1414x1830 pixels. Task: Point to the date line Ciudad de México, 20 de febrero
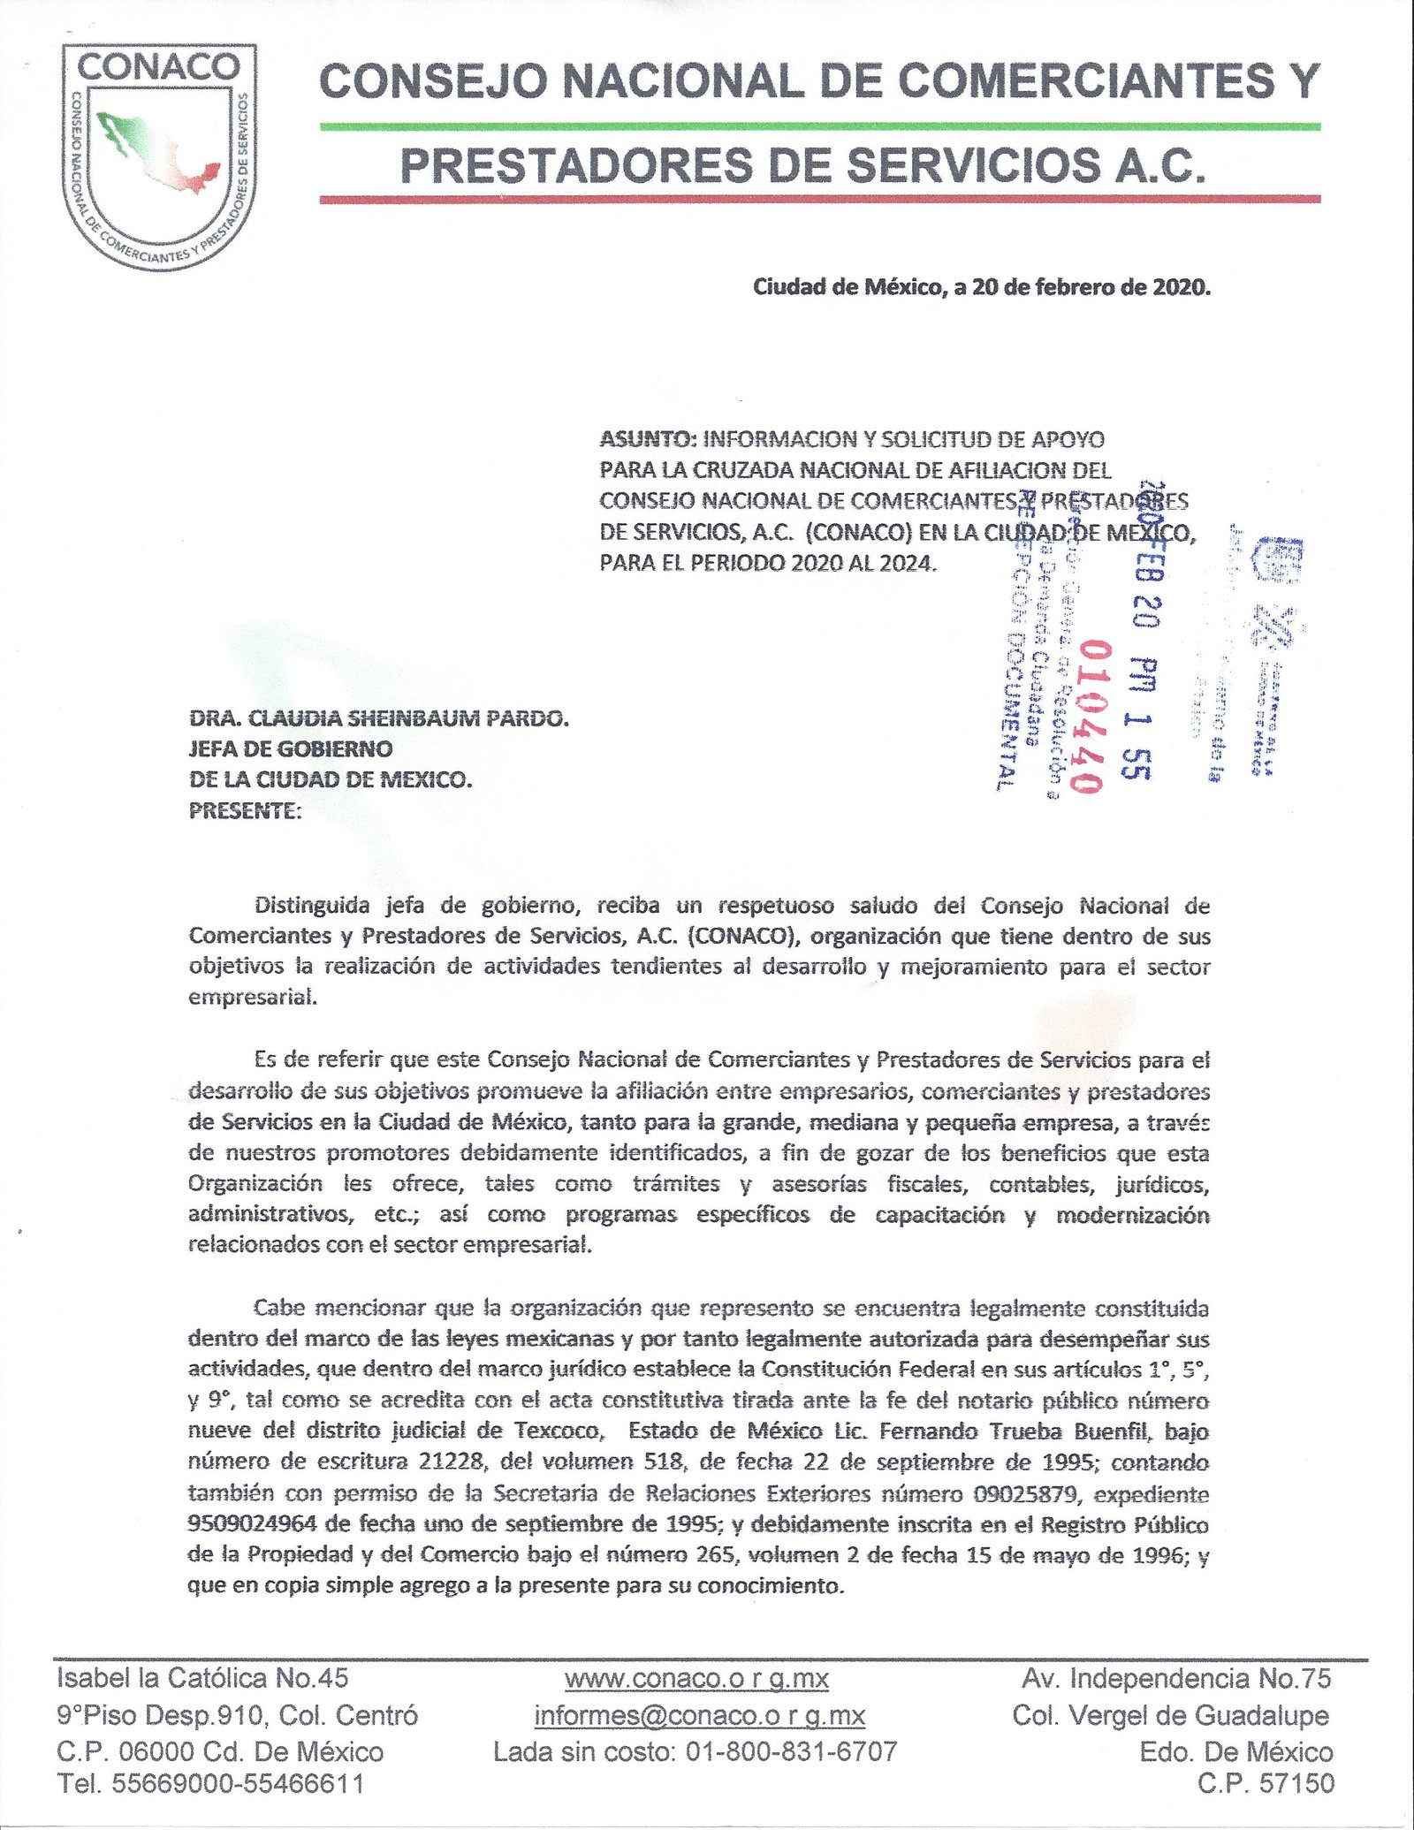coord(981,287)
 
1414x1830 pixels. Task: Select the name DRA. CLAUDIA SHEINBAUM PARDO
coord(379,718)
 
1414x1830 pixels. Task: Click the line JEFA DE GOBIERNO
coord(291,749)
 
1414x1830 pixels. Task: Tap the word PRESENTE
coord(244,810)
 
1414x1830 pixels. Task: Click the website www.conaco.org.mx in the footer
coord(696,1678)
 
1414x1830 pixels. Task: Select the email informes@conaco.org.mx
coord(699,1715)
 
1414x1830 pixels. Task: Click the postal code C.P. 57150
coord(1266,1783)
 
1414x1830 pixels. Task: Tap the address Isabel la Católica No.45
coord(202,1678)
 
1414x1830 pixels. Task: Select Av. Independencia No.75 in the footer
coord(1175,1678)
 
